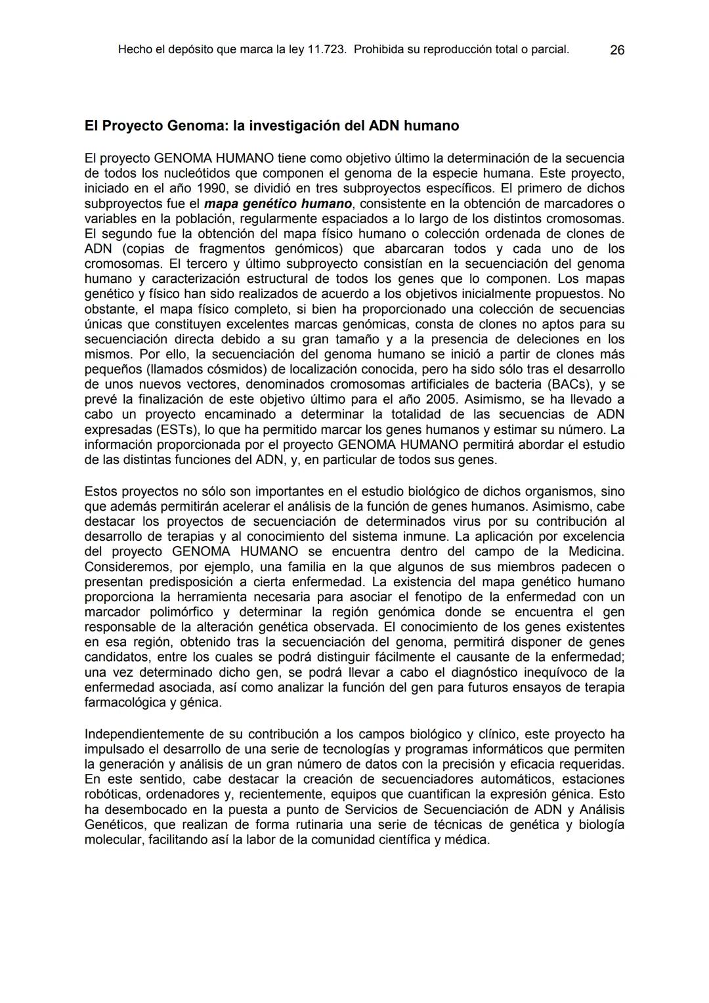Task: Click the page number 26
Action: click(617, 50)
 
